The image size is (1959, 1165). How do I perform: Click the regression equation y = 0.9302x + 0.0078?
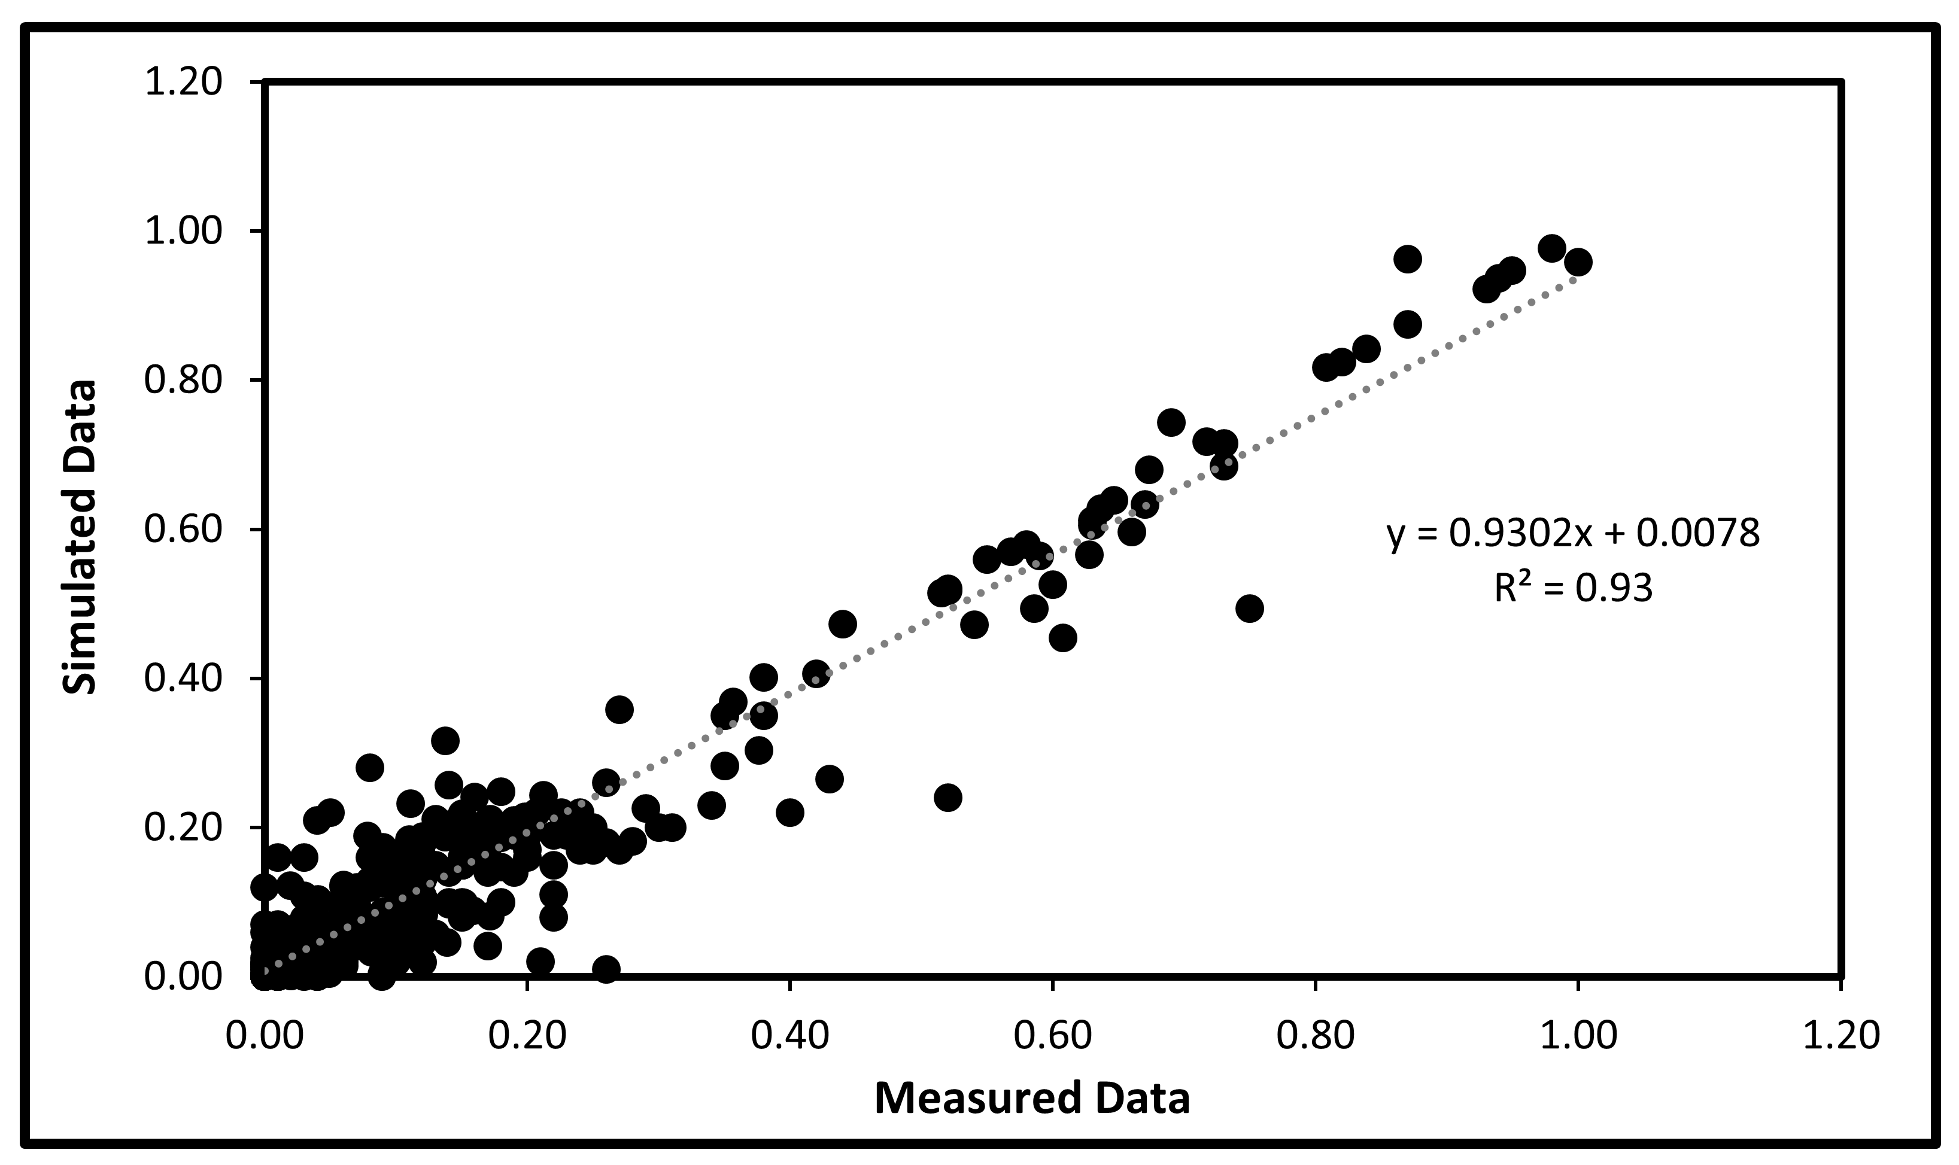tap(1573, 534)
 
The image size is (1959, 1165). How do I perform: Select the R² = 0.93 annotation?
tap(1573, 588)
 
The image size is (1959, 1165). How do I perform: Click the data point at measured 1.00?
tap(1577, 262)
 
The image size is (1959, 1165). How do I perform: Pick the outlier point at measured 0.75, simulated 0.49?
tap(1249, 609)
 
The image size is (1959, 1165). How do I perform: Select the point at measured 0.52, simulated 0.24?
tap(947, 798)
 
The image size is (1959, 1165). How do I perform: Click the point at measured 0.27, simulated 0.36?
tap(619, 710)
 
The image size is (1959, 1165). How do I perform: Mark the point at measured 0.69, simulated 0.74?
tap(1171, 422)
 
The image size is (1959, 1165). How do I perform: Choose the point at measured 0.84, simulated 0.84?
tap(1367, 349)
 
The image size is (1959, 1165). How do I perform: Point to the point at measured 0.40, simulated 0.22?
tap(790, 813)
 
